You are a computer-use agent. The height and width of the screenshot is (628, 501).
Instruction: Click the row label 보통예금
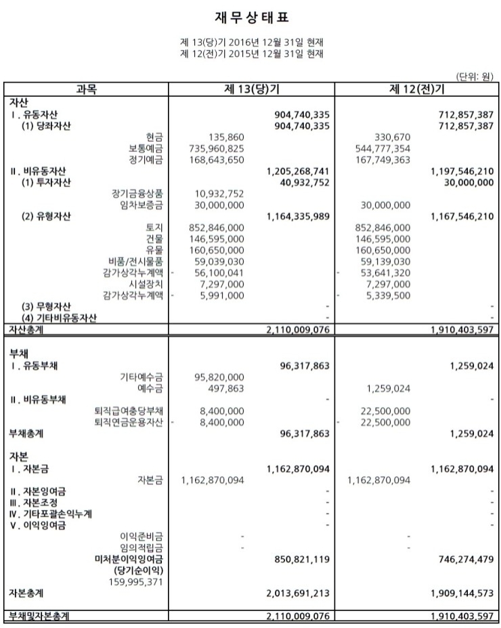click(146, 148)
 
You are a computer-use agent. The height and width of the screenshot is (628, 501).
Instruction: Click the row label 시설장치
click(146, 283)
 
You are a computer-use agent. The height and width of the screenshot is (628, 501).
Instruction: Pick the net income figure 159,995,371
click(136, 581)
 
